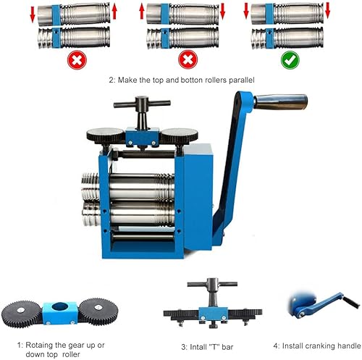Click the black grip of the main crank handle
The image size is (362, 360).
(283, 103)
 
